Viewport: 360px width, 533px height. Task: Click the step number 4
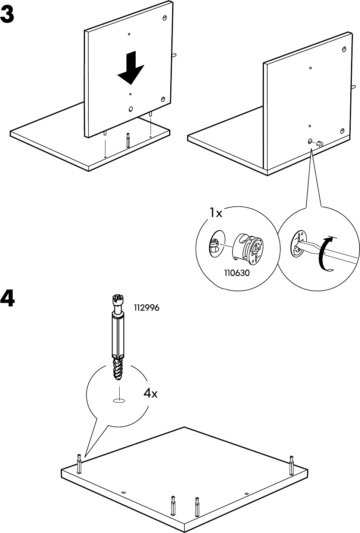pos(8,299)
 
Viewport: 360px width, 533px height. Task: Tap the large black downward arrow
pos(131,69)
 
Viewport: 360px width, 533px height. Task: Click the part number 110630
pos(237,273)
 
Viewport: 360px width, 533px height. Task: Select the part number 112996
pos(146,308)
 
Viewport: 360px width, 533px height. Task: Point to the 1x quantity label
pos(215,213)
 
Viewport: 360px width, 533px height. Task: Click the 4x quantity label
pos(151,393)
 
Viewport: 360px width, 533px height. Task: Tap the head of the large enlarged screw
pos(117,300)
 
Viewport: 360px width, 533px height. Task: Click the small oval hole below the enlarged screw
pos(119,401)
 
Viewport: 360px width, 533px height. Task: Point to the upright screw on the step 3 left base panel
pos(128,140)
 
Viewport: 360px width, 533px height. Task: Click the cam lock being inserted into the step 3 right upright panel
pos(319,143)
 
